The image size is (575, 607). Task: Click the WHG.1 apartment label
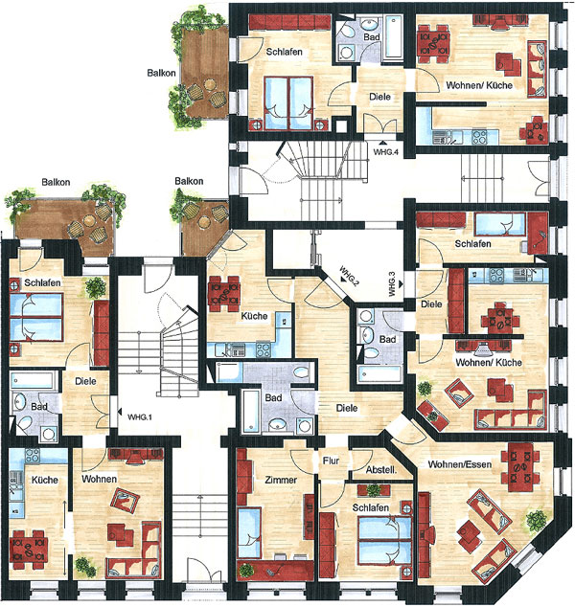[x=140, y=417]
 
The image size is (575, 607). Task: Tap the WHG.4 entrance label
[x=386, y=152]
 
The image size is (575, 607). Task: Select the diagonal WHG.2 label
[x=349, y=276]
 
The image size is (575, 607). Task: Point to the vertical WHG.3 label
[x=392, y=284]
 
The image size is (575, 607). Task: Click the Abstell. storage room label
[x=381, y=470]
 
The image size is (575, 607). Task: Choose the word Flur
[x=331, y=461]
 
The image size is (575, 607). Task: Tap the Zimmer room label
[x=281, y=480]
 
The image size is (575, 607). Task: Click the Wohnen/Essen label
[x=460, y=464]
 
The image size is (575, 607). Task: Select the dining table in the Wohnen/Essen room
[x=520, y=462]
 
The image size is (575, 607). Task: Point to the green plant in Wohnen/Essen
[x=537, y=521]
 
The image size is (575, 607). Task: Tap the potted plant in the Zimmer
[x=245, y=571]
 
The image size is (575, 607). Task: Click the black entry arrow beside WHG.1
[x=120, y=412]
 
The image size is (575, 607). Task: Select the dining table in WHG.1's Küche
[x=30, y=550]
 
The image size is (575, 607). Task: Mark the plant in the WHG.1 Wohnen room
[x=85, y=567]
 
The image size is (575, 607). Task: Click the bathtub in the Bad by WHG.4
[x=395, y=36]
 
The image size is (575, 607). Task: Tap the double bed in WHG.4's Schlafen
[x=288, y=103]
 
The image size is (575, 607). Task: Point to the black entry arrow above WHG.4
[x=383, y=144]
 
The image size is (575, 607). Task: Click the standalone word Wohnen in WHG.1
[x=100, y=479]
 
